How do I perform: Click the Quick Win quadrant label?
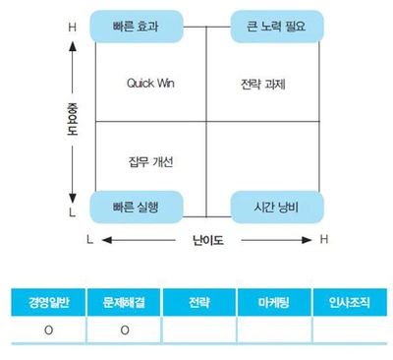click(150, 83)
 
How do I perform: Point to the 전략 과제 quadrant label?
click(262, 83)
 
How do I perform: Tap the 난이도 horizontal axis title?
click(207, 239)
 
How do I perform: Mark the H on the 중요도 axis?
click(71, 28)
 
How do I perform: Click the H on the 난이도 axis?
click(324, 239)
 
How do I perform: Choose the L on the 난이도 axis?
click(89, 239)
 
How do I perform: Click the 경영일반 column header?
click(48, 302)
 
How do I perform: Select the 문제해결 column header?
click(125, 302)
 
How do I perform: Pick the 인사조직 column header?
click(349, 302)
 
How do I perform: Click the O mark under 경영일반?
click(48, 330)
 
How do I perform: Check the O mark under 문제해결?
click(125, 330)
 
